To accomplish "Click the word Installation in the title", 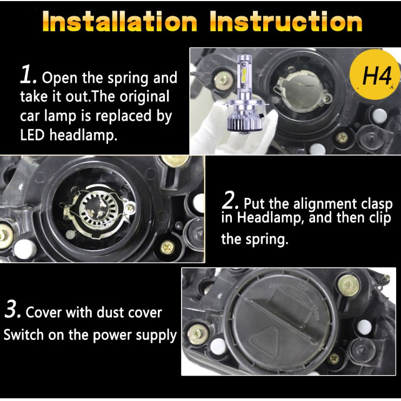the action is pos(120,22).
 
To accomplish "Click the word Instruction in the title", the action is pos(286,22).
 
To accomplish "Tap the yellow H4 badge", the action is pos(376,75).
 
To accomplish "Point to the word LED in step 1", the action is pos(32,135).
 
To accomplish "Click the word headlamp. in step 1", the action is pos(83,135).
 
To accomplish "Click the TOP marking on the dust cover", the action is pos(303,288).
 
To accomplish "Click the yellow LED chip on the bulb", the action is pos(243,73).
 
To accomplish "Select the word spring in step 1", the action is pos(128,78).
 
